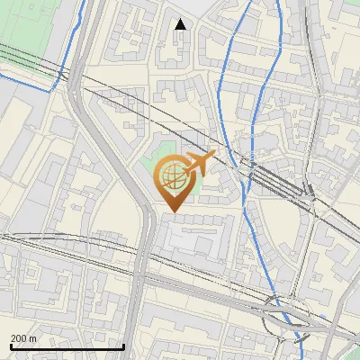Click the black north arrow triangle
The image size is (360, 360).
click(x=181, y=23)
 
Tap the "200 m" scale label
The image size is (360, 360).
click(x=24, y=338)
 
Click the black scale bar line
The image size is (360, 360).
click(x=67, y=346)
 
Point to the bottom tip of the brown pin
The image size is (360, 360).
click(x=172, y=211)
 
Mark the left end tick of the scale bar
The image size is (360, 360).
click(x=11, y=345)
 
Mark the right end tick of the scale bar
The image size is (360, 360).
click(x=123, y=345)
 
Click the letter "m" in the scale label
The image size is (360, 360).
click(x=33, y=338)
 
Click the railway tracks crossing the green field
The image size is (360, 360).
click(x=31, y=60)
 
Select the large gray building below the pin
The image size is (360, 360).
click(x=189, y=238)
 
